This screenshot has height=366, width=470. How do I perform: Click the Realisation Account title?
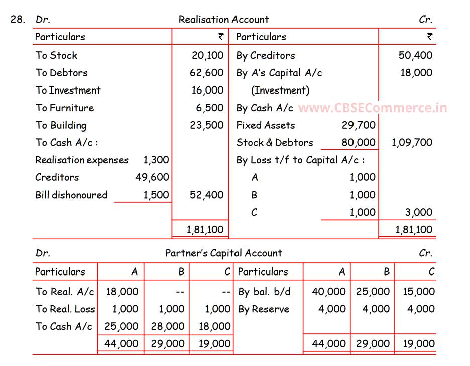(x=223, y=20)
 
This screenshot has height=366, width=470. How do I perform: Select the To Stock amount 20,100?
(x=207, y=55)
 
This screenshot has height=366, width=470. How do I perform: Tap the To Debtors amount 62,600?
(x=206, y=73)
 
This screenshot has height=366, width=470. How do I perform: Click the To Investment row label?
(x=68, y=90)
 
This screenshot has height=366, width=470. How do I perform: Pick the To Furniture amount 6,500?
(x=209, y=108)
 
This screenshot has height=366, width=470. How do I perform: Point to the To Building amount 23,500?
(x=206, y=125)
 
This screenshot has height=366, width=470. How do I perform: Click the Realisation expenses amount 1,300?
(x=156, y=160)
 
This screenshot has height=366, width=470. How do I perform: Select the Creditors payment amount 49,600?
(x=152, y=177)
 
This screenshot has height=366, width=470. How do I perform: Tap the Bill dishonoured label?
(x=71, y=195)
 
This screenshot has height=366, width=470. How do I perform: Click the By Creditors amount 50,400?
(x=415, y=55)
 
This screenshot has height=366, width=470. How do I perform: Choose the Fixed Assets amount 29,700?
(x=359, y=125)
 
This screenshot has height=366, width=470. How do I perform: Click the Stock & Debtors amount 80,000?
(x=359, y=142)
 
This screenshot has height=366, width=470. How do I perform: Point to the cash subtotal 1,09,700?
(x=412, y=142)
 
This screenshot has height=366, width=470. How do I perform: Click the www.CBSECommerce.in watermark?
(x=372, y=108)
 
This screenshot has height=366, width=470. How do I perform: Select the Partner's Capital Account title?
(x=223, y=253)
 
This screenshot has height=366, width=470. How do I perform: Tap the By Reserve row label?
(x=264, y=309)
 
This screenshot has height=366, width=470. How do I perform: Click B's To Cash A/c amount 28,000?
(x=168, y=326)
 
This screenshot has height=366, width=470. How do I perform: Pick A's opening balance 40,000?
(x=329, y=292)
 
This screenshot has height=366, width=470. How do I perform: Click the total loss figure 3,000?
(x=419, y=212)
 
